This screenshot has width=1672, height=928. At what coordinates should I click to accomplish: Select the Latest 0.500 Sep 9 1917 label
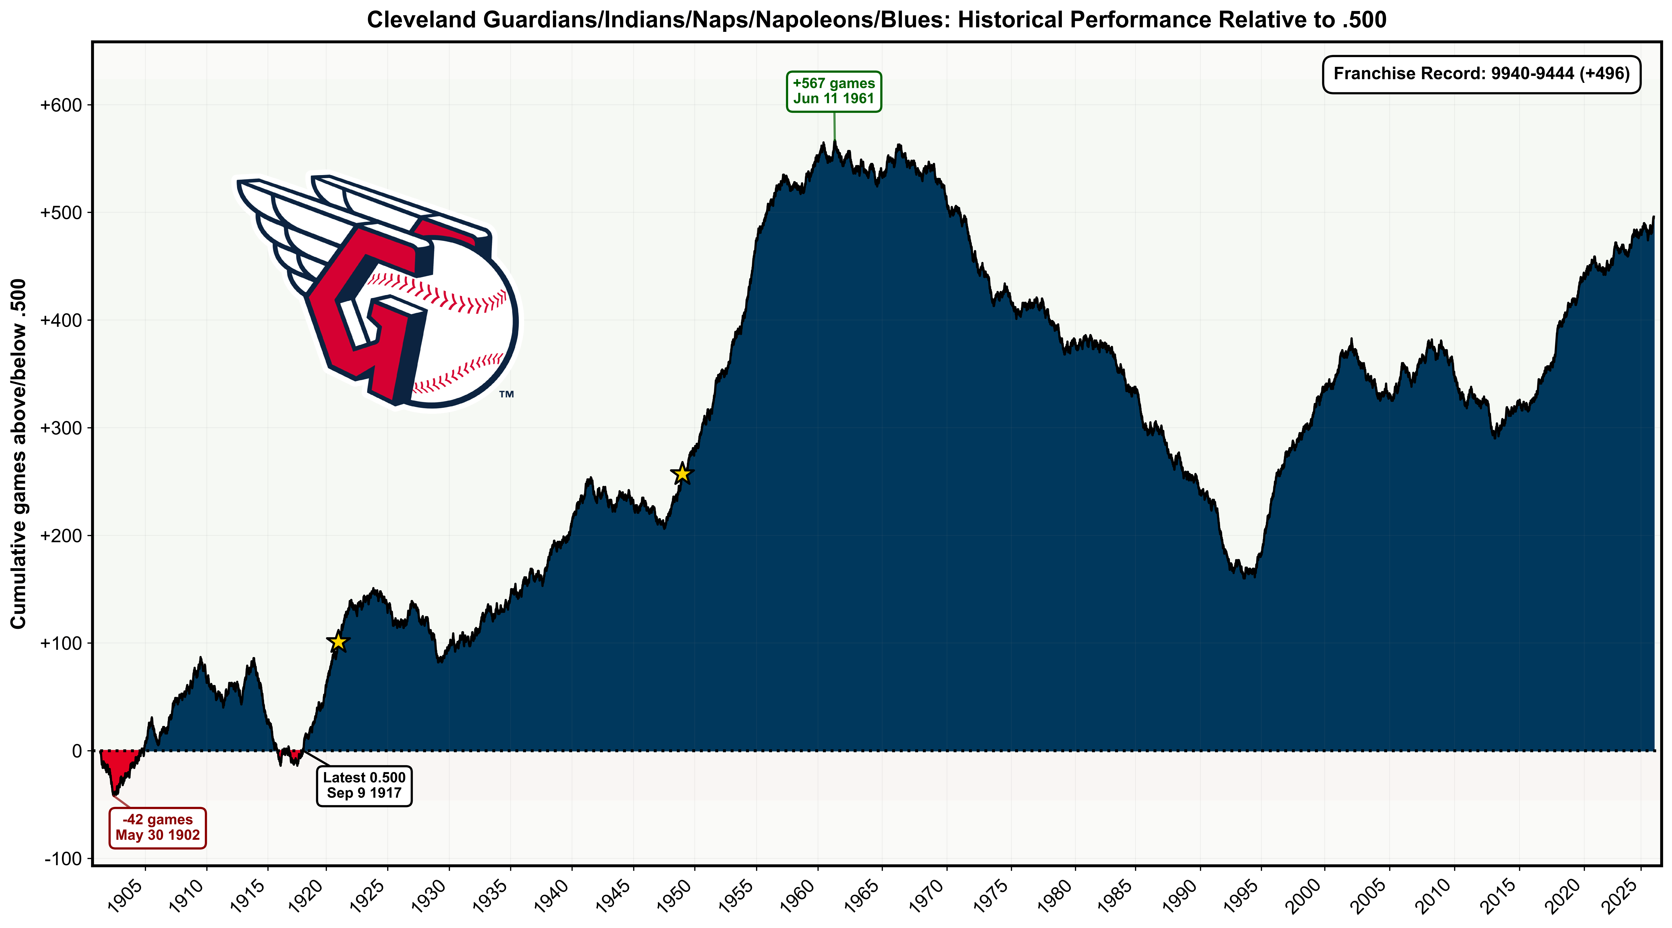364,785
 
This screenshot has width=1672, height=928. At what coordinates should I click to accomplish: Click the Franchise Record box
1481,74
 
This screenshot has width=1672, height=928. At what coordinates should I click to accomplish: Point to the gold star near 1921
338,642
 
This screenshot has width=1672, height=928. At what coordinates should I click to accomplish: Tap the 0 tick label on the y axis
77,751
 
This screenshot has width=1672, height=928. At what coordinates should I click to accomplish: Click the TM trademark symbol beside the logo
506,394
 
